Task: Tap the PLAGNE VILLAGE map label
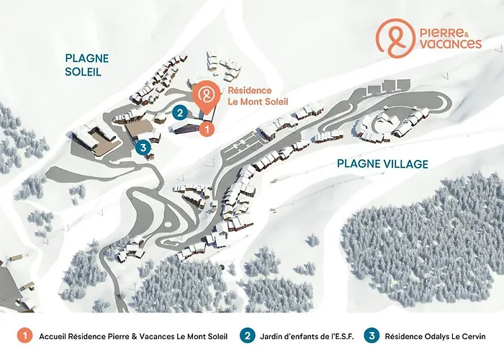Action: [382, 164]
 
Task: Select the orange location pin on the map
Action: [207, 97]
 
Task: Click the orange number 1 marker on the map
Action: [206, 130]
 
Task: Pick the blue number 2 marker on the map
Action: [181, 112]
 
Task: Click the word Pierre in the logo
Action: [436, 32]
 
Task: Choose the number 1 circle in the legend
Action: [24, 336]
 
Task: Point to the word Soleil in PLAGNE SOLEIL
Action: [83, 72]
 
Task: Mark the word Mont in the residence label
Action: [256, 102]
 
